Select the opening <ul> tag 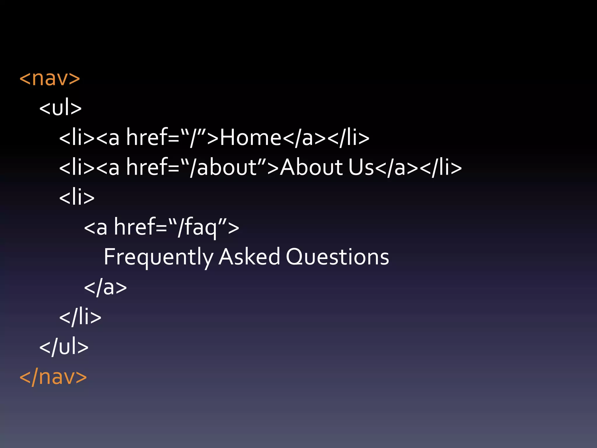pyautogui.click(x=60, y=108)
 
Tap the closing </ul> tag pyautogui.click(x=64, y=347)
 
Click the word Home pyautogui.click(x=250, y=138)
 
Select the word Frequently pyautogui.click(x=159, y=257)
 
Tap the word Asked pyautogui.click(x=249, y=257)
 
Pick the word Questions pyautogui.click(x=337, y=257)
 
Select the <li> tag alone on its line pyautogui.click(x=77, y=197)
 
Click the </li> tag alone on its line pyautogui.click(x=80, y=317)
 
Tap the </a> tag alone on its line pyautogui.click(x=105, y=287)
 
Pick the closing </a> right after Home pyautogui.click(x=304, y=138)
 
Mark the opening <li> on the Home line pyautogui.click(x=77, y=138)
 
